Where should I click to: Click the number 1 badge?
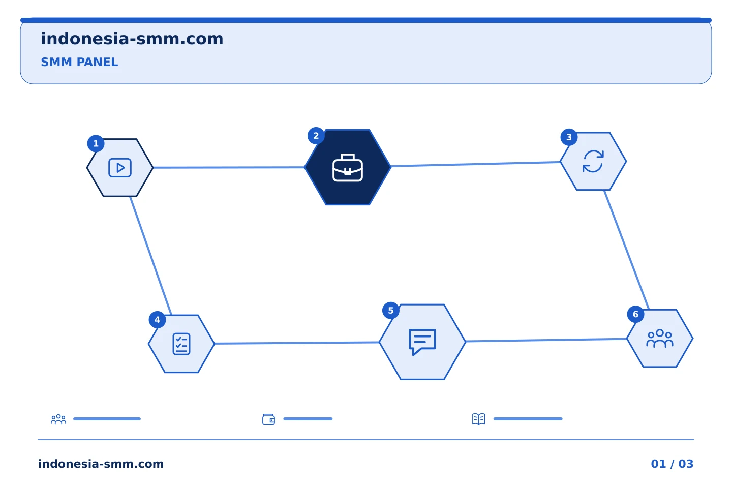point(96,143)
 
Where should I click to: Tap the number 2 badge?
point(316,136)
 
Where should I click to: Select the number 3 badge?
point(569,137)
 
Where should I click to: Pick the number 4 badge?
point(157,320)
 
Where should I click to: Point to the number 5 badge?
point(391,311)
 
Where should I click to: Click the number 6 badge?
point(635,314)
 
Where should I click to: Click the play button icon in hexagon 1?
point(120,168)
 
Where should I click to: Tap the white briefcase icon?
point(348,167)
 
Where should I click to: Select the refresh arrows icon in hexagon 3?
point(593,161)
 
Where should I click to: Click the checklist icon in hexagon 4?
point(181,344)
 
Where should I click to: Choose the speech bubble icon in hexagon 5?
point(422,342)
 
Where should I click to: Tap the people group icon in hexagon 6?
point(660,339)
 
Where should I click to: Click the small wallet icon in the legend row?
point(268,419)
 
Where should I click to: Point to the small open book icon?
point(479,419)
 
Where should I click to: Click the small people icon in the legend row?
point(58,419)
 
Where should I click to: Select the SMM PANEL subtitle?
point(79,62)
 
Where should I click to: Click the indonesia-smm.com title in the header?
point(132,39)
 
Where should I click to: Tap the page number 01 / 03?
point(672,464)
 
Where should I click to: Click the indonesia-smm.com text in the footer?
point(101,464)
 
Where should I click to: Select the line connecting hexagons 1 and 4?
point(150,256)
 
